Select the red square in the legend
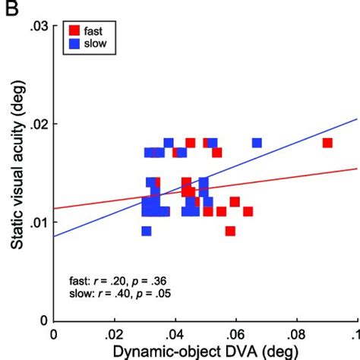pos(74,31)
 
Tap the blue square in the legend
pos(74,44)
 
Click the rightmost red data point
pos(327,143)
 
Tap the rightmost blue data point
pos(257,143)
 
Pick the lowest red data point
pos(230,231)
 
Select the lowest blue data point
pos(146,231)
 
